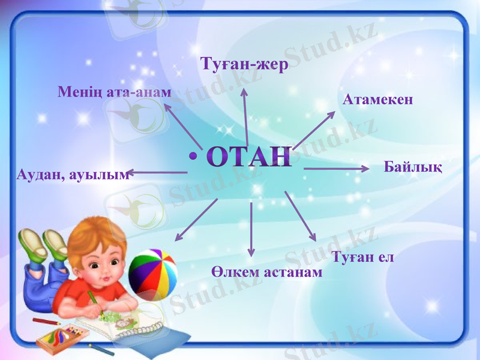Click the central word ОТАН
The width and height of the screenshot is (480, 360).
click(x=250, y=156)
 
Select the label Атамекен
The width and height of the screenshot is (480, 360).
click(x=378, y=100)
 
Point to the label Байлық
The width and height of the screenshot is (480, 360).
click(x=413, y=167)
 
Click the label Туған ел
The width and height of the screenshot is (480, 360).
click(x=362, y=257)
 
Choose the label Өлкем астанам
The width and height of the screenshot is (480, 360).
click(x=267, y=272)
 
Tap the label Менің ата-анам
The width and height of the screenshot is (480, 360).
click(x=115, y=92)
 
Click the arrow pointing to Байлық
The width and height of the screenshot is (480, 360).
click(x=336, y=169)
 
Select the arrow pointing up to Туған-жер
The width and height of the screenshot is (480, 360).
click(x=245, y=117)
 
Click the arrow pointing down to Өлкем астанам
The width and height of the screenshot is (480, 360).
click(x=251, y=228)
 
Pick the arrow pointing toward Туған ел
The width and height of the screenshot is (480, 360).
click(x=300, y=216)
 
